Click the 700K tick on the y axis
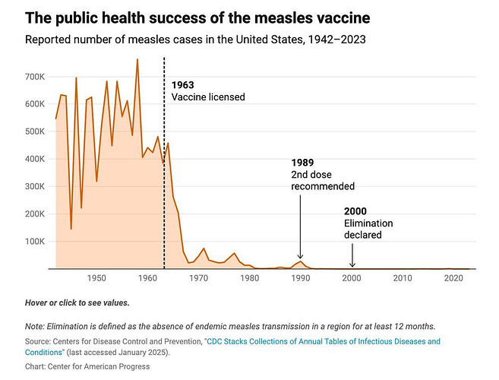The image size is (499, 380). [36, 77]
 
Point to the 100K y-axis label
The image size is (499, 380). [36, 242]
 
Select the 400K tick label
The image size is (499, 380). [36, 160]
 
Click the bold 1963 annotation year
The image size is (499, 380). [183, 84]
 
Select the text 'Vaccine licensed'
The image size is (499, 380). [207, 97]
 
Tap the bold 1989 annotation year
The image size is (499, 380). [303, 163]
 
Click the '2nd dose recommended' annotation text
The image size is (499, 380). [323, 180]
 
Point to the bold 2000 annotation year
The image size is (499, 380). [355, 211]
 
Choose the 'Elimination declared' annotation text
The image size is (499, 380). [368, 229]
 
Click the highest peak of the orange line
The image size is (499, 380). [137, 59]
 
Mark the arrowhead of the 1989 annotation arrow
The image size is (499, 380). [300, 258]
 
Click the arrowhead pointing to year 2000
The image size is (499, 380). [352, 265]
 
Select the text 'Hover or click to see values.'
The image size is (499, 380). [77, 302]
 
